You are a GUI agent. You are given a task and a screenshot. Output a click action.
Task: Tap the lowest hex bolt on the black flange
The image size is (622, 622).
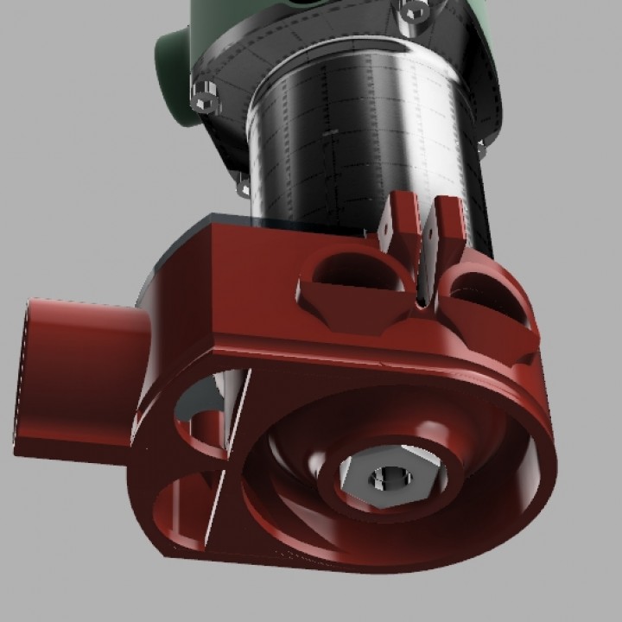(x=243, y=185)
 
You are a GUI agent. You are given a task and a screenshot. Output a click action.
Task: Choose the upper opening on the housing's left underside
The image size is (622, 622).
(x=202, y=419)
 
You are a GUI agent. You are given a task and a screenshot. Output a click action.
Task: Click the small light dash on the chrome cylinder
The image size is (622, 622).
(x=329, y=134)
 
